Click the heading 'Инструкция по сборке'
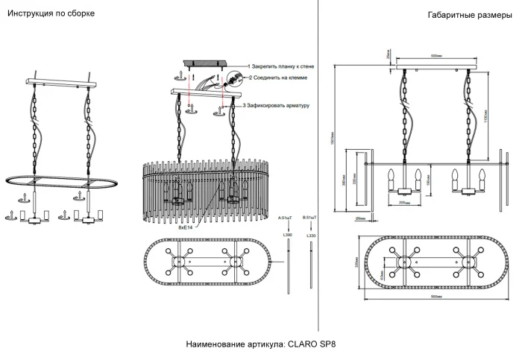click(50, 15)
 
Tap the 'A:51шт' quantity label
click(287, 217)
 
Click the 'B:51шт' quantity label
click(309, 217)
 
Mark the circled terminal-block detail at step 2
click(233, 78)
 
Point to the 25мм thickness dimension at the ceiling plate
click(389, 55)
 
